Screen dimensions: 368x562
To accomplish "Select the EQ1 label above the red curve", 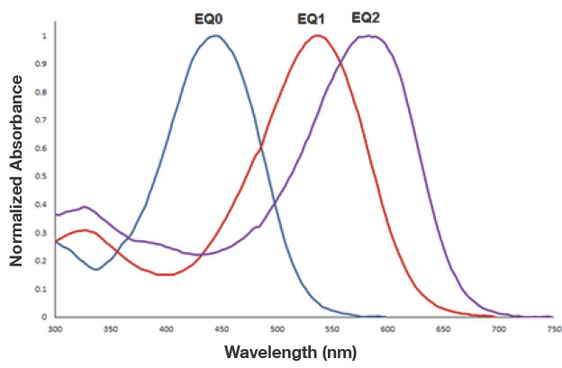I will point(313,18).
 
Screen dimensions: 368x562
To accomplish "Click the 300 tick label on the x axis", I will point(56,329).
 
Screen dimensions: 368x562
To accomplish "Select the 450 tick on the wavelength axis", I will point(222,329).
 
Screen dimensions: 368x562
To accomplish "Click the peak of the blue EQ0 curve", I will point(214,36).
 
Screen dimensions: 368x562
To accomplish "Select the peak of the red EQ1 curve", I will point(317,36).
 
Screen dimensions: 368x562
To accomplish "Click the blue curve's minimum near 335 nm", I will point(95,269).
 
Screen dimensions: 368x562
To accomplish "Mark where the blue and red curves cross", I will point(261,148).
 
